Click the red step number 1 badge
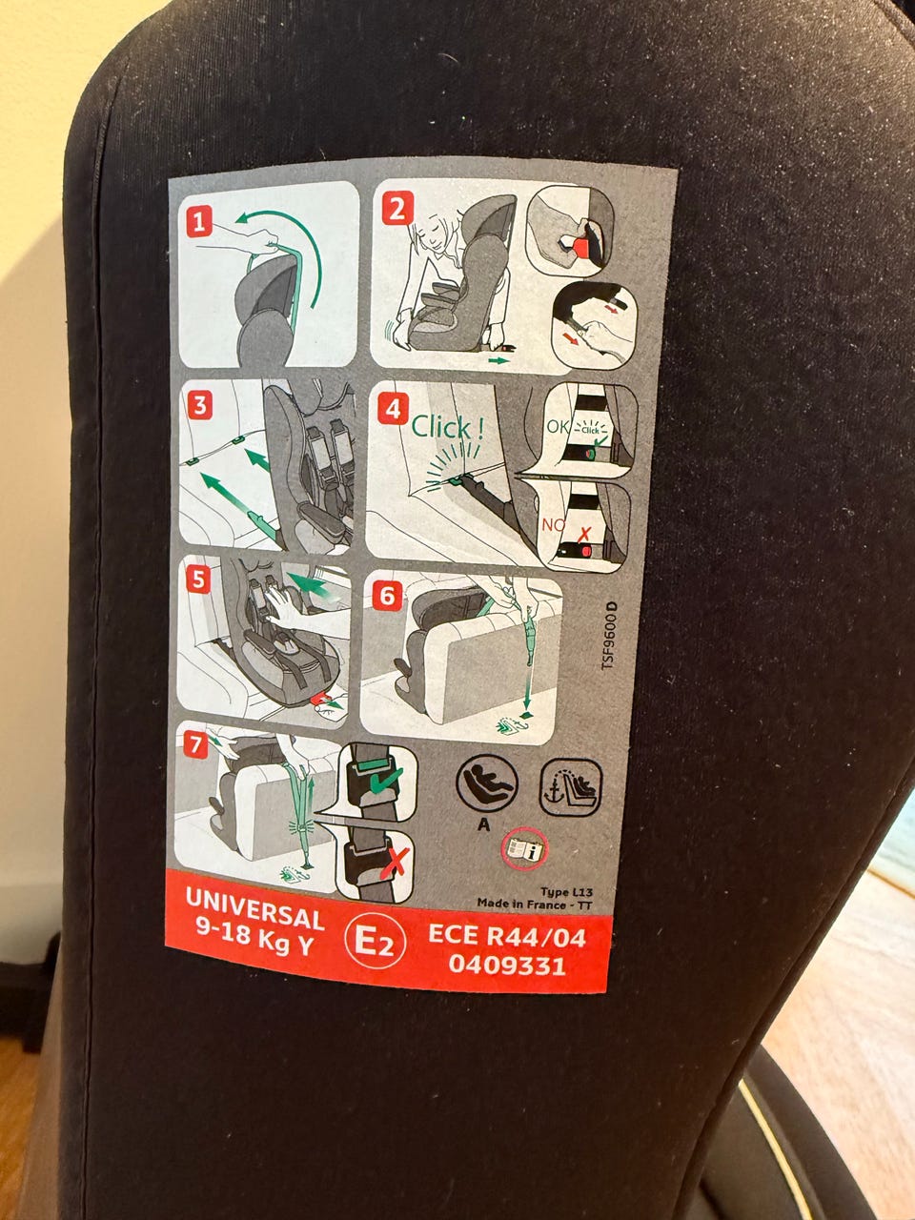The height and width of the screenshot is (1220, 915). pos(199,221)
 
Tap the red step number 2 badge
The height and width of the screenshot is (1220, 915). pos(397,208)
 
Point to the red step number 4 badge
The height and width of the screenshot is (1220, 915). pos(393,409)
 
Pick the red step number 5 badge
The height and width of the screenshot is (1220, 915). pos(198,580)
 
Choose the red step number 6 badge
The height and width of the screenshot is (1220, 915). pos(387,597)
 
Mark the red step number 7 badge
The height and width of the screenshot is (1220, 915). pos(195,745)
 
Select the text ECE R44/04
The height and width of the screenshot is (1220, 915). pos(507,936)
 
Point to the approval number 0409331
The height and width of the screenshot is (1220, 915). pos(507,965)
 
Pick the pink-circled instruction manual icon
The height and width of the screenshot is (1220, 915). pos(524,848)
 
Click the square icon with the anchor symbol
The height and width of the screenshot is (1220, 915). pos(571,787)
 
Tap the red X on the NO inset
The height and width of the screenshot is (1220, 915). pos(584,535)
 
